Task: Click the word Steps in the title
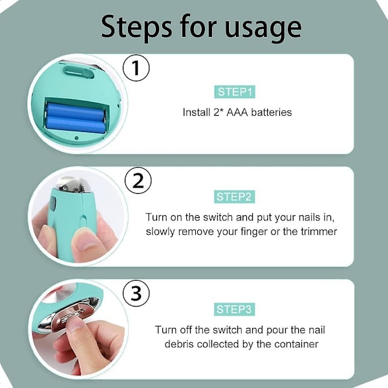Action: click(136, 27)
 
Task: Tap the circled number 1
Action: click(136, 68)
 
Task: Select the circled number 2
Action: click(138, 180)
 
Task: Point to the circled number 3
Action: click(136, 294)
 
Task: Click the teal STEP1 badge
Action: click(235, 92)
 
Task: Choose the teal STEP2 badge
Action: click(234, 197)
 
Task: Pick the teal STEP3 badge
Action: click(234, 309)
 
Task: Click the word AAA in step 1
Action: click(237, 113)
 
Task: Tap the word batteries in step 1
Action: click(272, 113)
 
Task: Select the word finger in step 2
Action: click(255, 232)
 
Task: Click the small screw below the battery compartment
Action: click(76, 138)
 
